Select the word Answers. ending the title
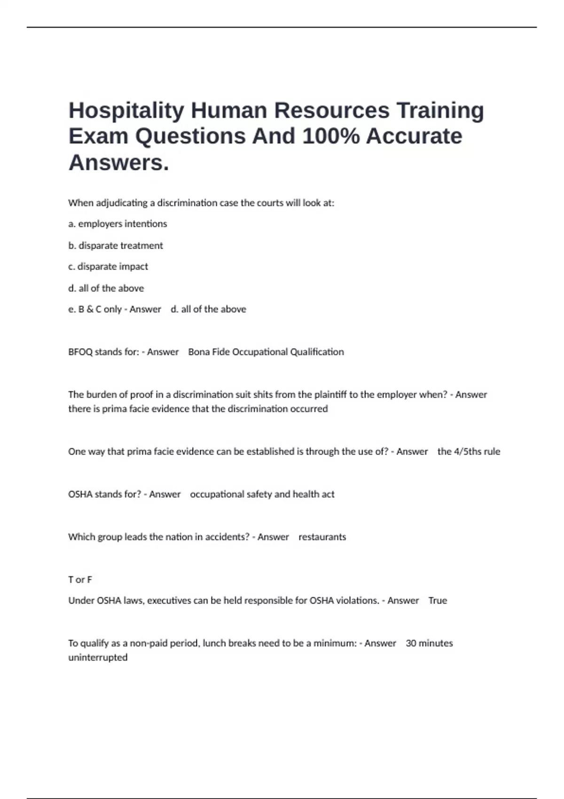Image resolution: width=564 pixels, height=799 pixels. [118, 163]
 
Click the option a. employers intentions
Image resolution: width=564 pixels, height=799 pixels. [117, 224]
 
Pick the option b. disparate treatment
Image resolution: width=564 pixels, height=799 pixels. [116, 245]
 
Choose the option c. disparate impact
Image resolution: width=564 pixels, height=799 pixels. [108, 266]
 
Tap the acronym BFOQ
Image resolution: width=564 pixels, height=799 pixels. [80, 352]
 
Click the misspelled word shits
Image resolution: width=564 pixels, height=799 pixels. [263, 395]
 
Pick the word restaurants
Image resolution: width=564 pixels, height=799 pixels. [322, 537]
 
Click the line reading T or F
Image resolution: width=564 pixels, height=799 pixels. [80, 580]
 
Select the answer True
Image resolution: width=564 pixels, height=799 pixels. [438, 601]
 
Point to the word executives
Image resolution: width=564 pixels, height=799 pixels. [169, 601]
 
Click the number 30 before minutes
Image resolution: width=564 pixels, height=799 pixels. [411, 643]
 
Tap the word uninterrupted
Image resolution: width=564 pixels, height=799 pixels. [98, 658]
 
